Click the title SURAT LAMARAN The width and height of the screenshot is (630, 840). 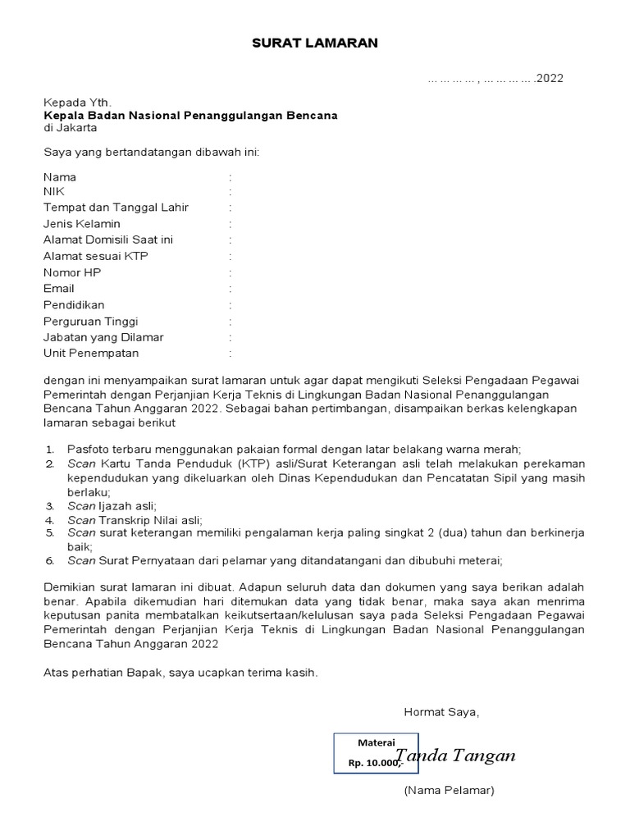coord(315,43)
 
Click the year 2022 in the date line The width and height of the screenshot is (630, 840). coord(550,79)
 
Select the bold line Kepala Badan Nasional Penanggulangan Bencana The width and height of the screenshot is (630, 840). coord(190,116)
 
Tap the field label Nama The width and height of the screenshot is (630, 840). coord(60,177)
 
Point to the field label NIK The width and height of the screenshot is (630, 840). coord(54,192)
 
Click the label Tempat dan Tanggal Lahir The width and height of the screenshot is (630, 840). coord(116,208)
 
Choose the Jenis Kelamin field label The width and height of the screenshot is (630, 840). coord(82,224)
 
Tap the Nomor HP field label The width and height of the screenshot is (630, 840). coord(72,272)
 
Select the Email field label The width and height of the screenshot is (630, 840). coord(59,289)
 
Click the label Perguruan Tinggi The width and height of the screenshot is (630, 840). coord(91,322)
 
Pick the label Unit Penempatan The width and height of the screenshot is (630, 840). coord(91,354)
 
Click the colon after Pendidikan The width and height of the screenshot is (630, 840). coord(231,305)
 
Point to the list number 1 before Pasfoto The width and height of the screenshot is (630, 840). coord(49,450)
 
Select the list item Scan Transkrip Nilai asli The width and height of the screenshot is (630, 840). coord(135,520)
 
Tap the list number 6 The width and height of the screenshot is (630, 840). coord(49,561)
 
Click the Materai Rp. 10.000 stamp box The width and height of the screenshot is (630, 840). coord(365,752)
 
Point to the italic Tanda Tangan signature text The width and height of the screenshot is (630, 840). coord(456,756)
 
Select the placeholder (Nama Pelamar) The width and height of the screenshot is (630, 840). coord(448,791)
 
